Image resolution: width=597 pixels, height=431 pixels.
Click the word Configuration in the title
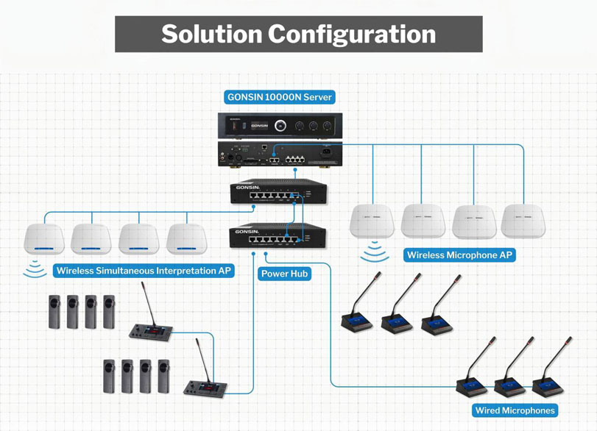pos(352,34)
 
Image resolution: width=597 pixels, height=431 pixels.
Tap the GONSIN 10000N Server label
pos(280,97)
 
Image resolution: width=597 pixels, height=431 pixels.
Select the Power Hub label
pos(285,274)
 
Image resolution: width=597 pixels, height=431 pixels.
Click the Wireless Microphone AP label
pos(460,255)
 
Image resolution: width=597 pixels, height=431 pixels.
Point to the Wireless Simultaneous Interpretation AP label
pos(144,271)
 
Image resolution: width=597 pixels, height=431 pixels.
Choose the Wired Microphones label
pos(515,410)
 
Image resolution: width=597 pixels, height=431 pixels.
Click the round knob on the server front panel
pos(280,126)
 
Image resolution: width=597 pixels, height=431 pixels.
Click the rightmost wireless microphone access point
pos(523,221)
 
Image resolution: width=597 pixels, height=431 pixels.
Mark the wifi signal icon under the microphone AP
pos(376,255)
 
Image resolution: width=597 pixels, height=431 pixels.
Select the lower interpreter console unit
pos(207,385)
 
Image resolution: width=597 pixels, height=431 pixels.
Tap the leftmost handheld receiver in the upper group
pos(54,312)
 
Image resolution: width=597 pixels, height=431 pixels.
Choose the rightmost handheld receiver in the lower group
pos(163,376)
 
